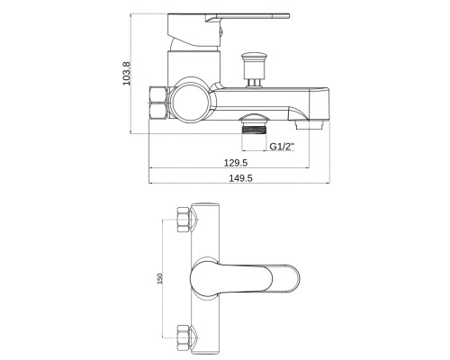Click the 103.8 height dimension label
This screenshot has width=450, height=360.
[x=127, y=74]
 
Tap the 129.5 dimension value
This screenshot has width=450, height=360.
[x=236, y=163]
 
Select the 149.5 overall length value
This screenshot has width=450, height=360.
[x=241, y=178]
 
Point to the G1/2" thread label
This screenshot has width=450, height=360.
[x=282, y=147]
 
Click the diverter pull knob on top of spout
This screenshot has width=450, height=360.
[x=254, y=69]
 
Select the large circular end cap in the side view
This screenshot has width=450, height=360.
[x=191, y=101]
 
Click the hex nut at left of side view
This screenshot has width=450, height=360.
[x=157, y=103]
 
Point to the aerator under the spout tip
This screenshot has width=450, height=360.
[x=310, y=124]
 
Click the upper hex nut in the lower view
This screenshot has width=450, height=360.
[x=184, y=220]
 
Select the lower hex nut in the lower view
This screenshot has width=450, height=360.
[x=184, y=337]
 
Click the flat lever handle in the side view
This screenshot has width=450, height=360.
[x=228, y=30]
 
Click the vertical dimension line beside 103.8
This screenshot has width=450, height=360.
[x=130, y=74]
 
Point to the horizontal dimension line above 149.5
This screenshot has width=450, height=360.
[x=239, y=183]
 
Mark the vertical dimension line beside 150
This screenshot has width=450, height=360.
[x=163, y=278]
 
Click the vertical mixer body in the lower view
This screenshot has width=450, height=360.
[x=206, y=281]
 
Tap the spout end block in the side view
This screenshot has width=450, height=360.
[x=319, y=104]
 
